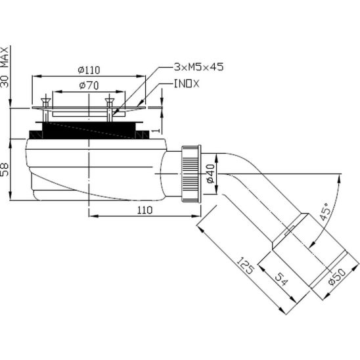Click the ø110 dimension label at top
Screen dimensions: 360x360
89,70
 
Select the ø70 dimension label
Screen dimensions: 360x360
89,85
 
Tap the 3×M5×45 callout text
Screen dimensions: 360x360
198,67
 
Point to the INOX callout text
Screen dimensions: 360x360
187,84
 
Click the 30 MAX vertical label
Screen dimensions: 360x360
5,67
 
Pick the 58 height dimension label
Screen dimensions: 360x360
5,169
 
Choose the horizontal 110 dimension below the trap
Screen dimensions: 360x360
145,210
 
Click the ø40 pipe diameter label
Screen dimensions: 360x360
210,173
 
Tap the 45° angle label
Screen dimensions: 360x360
326,212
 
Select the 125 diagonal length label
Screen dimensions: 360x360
245,266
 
